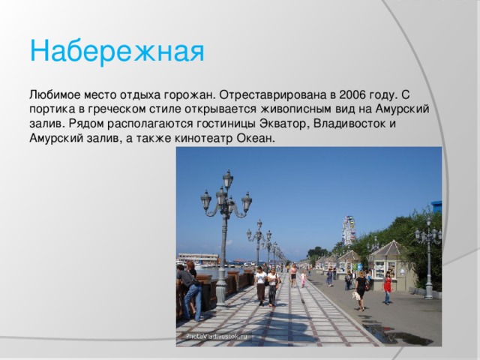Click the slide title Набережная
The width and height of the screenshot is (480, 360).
tap(117, 51)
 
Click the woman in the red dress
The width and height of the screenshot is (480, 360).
tap(387, 287)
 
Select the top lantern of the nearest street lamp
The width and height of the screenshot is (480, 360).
tap(228, 179)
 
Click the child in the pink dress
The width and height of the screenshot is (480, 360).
tap(303, 279)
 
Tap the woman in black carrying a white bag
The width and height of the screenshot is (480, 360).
tap(361, 290)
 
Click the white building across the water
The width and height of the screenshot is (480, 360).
tap(198, 258)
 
